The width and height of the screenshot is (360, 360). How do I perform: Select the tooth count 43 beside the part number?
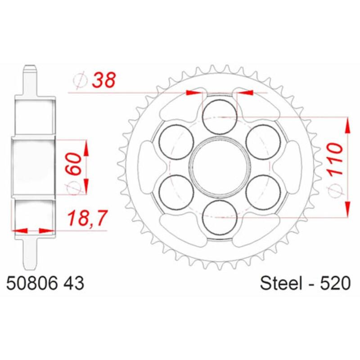point(73,284)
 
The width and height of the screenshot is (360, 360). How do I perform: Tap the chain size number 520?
point(334,284)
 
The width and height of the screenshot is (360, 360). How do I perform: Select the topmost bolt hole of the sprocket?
point(220,116)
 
